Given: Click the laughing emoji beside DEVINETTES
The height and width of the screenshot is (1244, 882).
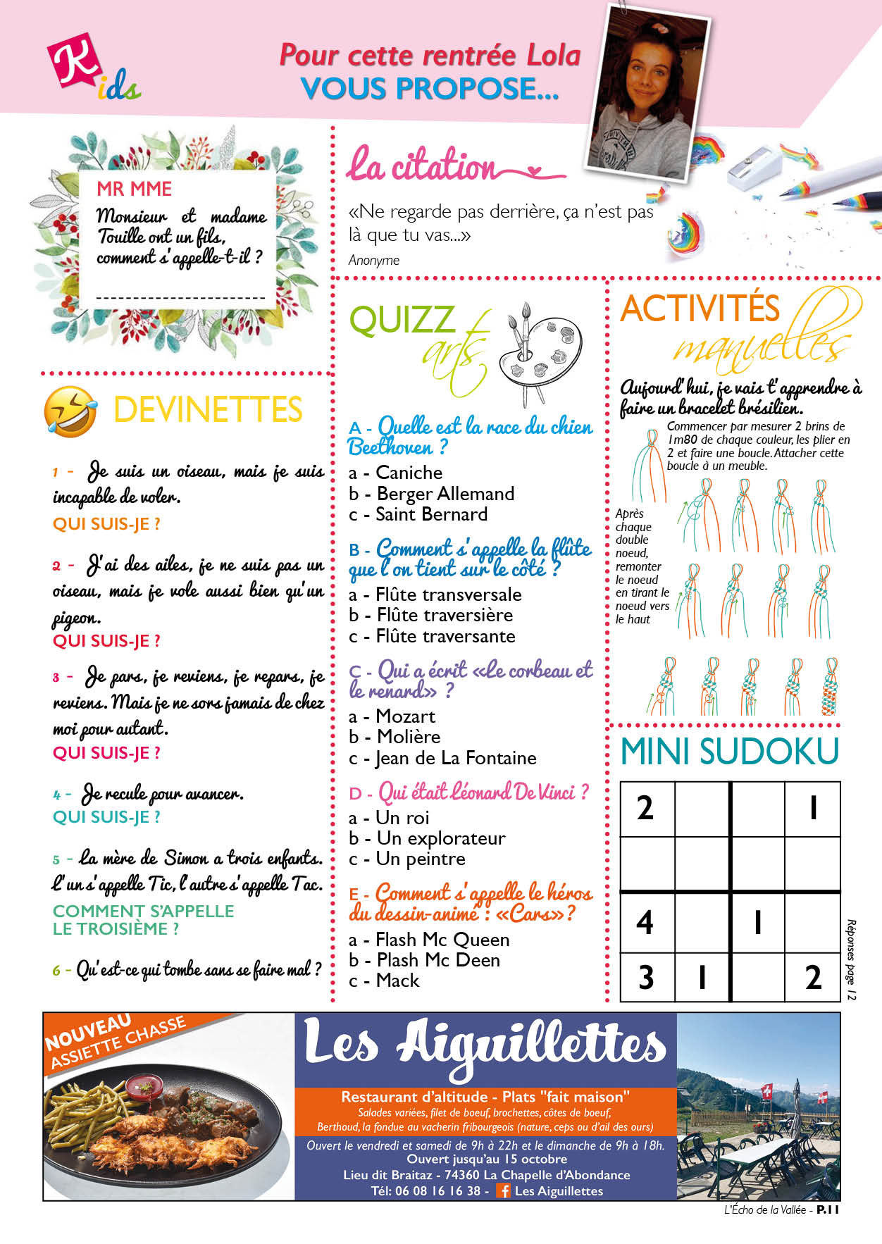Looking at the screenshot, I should click(70, 411).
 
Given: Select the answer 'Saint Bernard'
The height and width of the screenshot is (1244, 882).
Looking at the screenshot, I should click(431, 514).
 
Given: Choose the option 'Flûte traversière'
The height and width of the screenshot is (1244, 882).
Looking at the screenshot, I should click(444, 615).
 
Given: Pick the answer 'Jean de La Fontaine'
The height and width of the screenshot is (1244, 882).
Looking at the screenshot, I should click(455, 758).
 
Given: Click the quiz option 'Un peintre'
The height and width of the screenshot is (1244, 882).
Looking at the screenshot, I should click(420, 859).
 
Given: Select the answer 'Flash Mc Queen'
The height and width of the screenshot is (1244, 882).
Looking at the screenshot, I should click(442, 940).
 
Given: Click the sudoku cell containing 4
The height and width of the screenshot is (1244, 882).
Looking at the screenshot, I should click(645, 922).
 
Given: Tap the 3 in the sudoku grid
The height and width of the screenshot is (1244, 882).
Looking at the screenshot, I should click(646, 977).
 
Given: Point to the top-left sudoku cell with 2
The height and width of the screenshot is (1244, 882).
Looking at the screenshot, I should click(645, 808).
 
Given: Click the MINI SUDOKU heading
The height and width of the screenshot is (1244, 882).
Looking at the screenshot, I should click(729, 752).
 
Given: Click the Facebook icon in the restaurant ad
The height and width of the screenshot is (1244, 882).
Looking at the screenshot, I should click(503, 1190).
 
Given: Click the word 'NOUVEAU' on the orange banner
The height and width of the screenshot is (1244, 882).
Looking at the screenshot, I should click(88, 1033).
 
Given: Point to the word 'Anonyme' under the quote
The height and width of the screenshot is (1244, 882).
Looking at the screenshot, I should click(374, 260).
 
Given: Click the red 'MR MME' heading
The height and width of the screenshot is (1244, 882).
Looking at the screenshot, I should click(134, 189).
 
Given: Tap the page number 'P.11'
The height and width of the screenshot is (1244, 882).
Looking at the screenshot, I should click(827, 1209).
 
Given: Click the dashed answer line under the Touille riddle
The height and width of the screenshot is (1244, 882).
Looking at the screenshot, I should click(180, 297).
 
